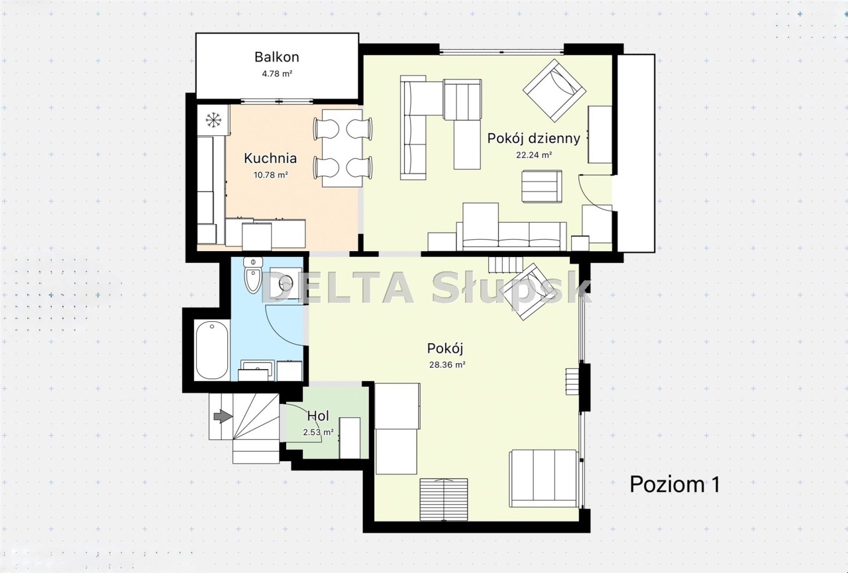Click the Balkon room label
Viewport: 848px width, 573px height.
coord(277,57)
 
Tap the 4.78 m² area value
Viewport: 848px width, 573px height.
coord(277,74)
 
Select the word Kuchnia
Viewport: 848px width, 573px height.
coord(270,158)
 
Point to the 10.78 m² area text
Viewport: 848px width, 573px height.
coord(271,175)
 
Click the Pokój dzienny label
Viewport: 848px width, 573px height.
coord(533,139)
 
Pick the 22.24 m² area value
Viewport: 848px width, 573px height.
coord(534,155)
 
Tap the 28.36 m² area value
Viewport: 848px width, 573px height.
coord(447,365)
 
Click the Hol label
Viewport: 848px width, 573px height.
coord(318,416)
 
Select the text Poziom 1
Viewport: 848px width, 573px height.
coord(674,484)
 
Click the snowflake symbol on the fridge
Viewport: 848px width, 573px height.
coord(213,121)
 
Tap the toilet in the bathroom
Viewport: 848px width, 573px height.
coord(253,275)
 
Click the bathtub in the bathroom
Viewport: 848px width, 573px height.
coord(212,350)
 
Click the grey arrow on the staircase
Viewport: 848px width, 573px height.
coord(223,417)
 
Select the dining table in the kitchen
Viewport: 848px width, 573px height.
coord(343,148)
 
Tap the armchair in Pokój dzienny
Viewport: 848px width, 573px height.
coord(555,91)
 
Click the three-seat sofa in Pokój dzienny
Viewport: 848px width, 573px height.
coord(511,236)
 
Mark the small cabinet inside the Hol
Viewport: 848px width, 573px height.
coord(350,439)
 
